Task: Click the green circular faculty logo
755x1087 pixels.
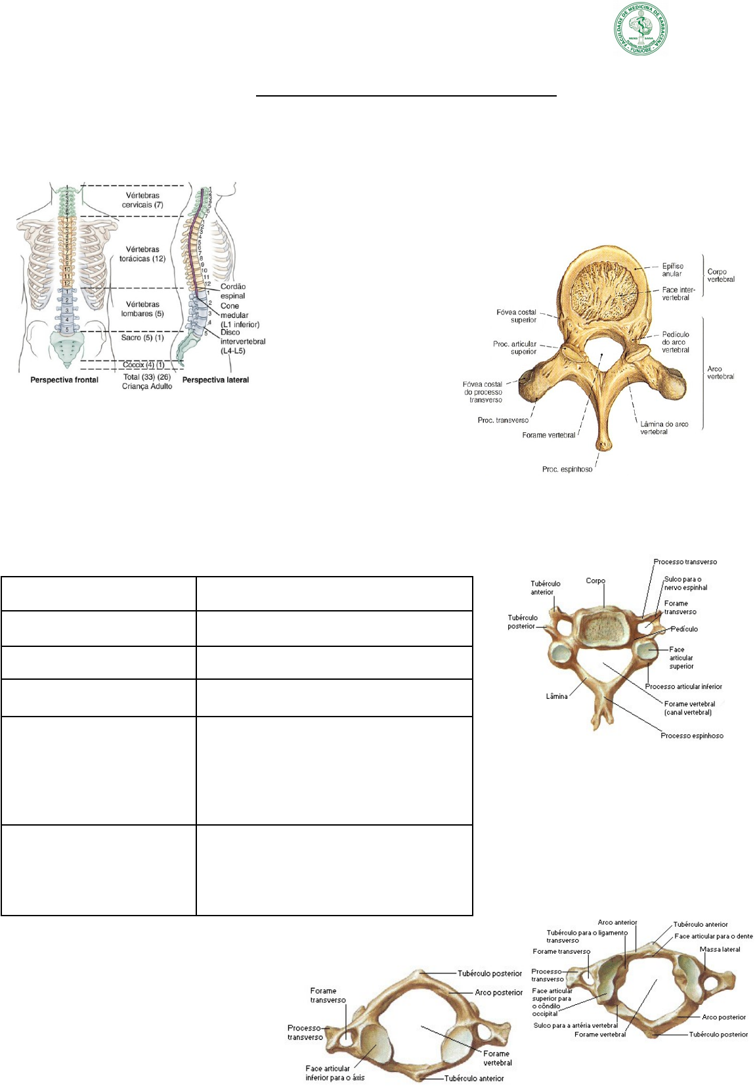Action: (x=641, y=28)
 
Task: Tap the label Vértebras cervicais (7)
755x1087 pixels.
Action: (x=142, y=200)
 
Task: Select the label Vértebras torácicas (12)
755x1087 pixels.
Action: (x=142, y=254)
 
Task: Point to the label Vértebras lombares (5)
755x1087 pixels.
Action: (x=142, y=309)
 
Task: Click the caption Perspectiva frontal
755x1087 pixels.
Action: (x=64, y=380)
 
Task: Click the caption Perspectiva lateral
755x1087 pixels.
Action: (x=215, y=380)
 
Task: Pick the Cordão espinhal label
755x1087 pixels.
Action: (x=233, y=291)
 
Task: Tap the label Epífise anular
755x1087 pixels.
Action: (x=672, y=270)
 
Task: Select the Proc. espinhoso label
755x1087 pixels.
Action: (x=567, y=469)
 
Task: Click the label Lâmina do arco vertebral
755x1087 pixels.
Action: (x=664, y=428)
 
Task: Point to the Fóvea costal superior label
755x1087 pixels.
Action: (x=517, y=316)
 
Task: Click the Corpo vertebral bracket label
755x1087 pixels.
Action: (x=721, y=275)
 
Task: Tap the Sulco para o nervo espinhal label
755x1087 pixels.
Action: (x=685, y=583)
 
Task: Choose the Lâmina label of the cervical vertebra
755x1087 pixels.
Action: (x=557, y=696)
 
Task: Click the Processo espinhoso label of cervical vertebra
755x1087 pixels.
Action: (x=692, y=736)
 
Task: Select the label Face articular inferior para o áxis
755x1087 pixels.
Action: (x=335, y=1073)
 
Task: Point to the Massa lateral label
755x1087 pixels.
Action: (x=720, y=949)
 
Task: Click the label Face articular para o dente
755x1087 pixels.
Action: (x=714, y=936)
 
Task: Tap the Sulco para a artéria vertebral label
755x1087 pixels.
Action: (x=576, y=1025)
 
